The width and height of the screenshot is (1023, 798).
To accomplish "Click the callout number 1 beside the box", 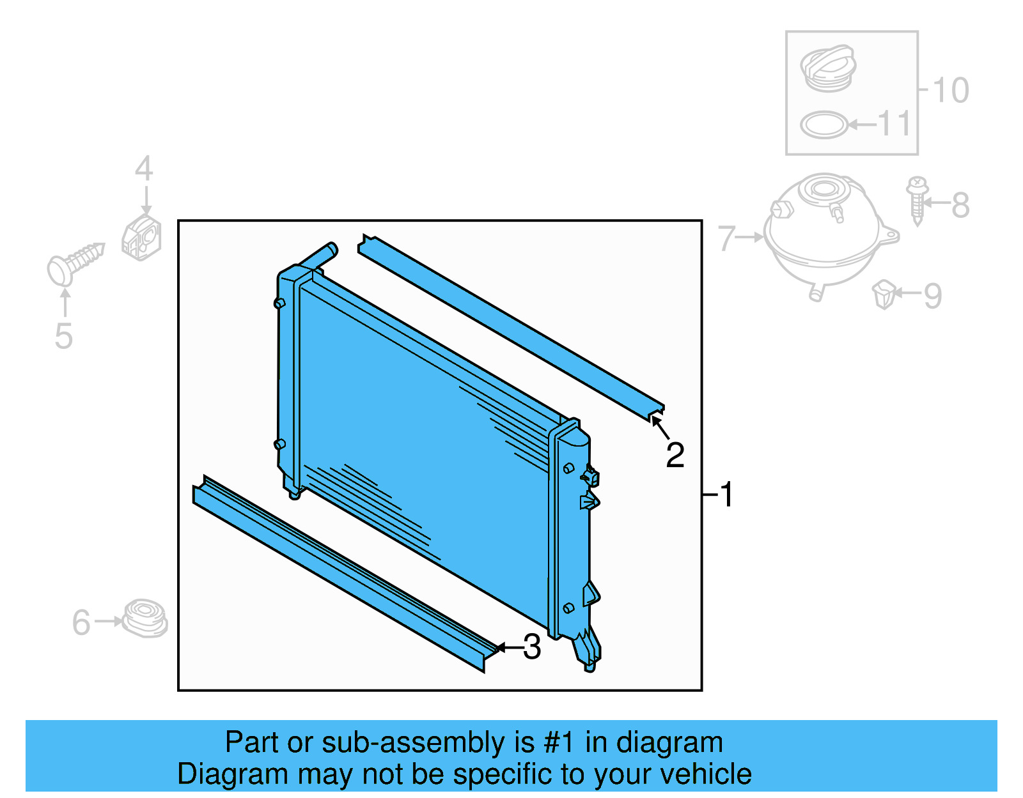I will click(x=726, y=495).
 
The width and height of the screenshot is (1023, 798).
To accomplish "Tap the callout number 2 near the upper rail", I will click(x=675, y=456).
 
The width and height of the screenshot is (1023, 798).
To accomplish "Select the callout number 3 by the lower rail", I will click(x=532, y=647).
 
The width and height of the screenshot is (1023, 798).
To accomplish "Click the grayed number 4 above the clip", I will click(x=144, y=169).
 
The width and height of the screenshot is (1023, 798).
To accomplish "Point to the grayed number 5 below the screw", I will click(x=63, y=336).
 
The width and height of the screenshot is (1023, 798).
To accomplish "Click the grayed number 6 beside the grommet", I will click(x=81, y=623).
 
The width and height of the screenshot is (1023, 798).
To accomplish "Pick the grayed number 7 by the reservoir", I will click(x=726, y=238).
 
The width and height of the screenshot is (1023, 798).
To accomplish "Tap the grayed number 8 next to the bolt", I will click(x=960, y=206).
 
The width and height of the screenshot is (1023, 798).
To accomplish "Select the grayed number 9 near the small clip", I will click(x=933, y=296).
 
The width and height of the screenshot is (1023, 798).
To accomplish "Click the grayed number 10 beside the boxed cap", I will click(x=951, y=90).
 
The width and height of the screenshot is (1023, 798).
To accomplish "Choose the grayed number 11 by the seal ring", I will click(x=894, y=124).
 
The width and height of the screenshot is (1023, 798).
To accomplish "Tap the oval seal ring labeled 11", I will click(x=825, y=125).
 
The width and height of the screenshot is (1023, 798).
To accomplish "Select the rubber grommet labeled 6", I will click(x=145, y=618).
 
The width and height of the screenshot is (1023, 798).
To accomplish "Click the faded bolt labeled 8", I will click(x=917, y=201).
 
